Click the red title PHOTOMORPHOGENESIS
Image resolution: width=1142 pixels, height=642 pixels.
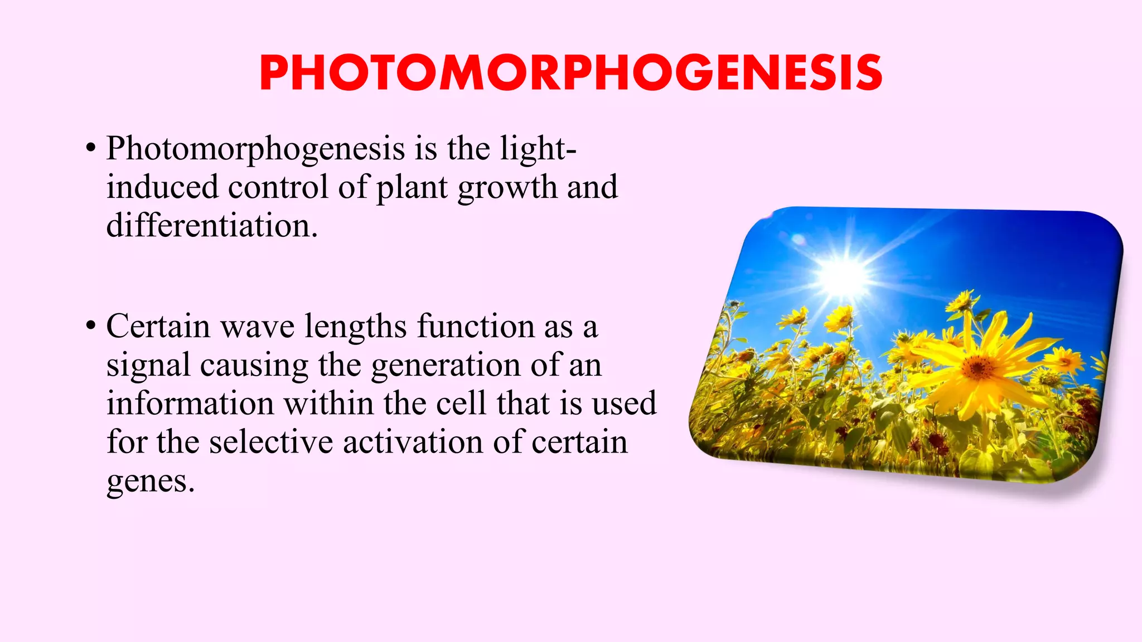point(570,73)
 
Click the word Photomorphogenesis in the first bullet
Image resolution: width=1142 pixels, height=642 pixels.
point(255,149)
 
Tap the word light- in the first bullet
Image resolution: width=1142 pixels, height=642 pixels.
point(538,149)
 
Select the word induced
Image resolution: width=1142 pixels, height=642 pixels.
point(162,187)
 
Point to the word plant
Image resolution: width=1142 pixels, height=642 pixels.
point(412,188)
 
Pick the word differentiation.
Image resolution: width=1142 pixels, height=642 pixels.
point(212,226)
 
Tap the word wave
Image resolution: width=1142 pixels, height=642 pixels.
point(258,327)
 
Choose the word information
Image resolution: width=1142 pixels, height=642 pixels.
point(190,403)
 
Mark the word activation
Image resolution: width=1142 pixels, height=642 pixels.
point(413,442)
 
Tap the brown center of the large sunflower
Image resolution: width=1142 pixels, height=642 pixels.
point(979,367)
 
